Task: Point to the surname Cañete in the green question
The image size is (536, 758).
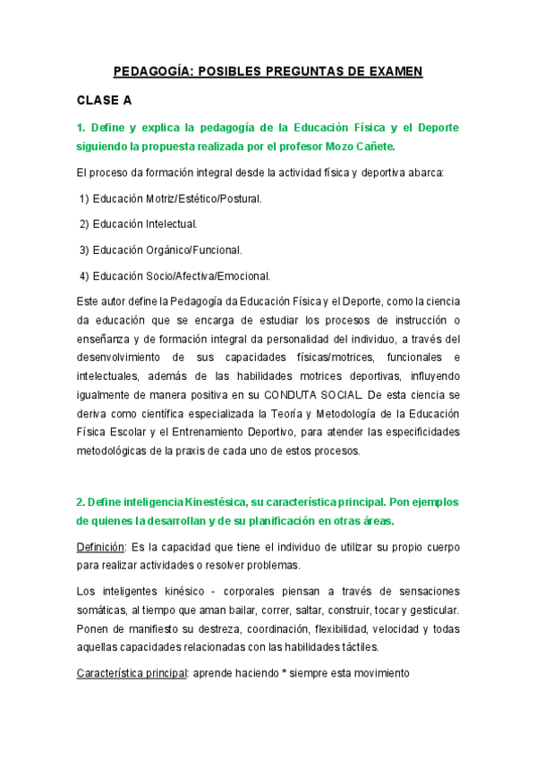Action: click(368, 145)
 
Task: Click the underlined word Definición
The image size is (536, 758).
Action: click(101, 546)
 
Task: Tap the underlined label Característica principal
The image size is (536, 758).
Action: click(132, 672)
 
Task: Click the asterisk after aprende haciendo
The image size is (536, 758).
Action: click(286, 672)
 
